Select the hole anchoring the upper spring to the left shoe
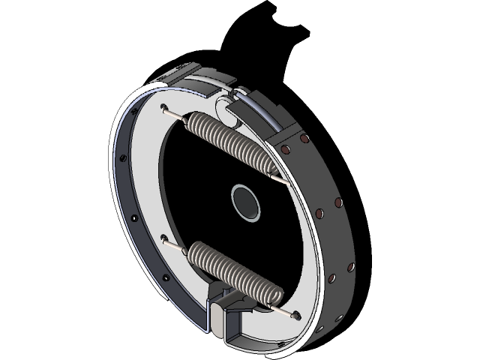[164, 106]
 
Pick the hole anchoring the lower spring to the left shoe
[163, 240]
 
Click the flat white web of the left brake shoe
[142, 187]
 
